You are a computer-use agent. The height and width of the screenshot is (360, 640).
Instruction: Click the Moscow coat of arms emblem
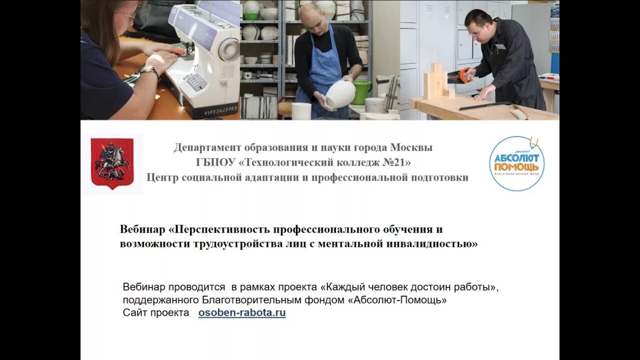pyautogui.click(x=112, y=163)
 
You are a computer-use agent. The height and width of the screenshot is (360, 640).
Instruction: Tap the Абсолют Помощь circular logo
pyautogui.click(x=516, y=163)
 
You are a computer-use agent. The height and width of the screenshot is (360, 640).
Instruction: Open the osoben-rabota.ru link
pyautogui.click(x=242, y=313)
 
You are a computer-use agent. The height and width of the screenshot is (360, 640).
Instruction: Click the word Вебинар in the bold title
pyautogui.click(x=142, y=229)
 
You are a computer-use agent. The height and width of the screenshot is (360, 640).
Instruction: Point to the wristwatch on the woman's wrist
pyautogui.click(x=148, y=70)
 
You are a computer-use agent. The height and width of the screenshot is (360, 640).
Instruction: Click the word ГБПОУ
pyautogui.click(x=216, y=162)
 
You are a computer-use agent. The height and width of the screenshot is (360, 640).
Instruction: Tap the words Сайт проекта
pyautogui.click(x=156, y=313)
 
